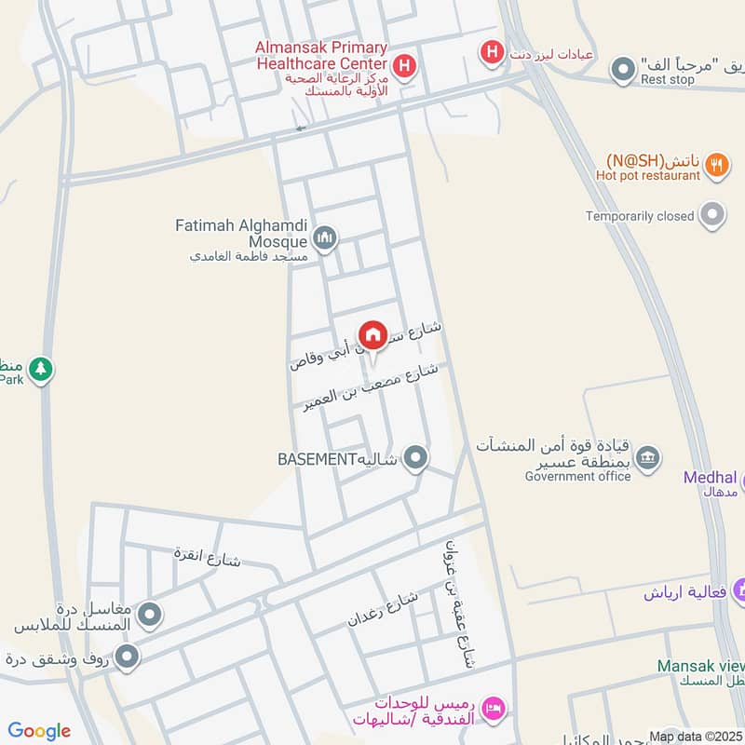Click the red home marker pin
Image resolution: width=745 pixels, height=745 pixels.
(372, 334)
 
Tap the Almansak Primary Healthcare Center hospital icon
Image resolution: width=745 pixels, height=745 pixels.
(404, 65)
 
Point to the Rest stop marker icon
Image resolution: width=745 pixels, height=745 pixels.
(622, 69)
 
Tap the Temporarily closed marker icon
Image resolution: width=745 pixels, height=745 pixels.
(713, 215)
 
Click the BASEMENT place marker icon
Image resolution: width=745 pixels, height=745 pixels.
(417, 458)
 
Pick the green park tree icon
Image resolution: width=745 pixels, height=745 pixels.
(40, 369)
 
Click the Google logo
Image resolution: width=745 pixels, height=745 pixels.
(39, 731)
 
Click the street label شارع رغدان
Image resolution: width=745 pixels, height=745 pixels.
(384, 608)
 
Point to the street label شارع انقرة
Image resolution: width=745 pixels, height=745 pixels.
(208, 557)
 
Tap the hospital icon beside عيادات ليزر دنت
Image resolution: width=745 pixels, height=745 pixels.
(491, 53)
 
